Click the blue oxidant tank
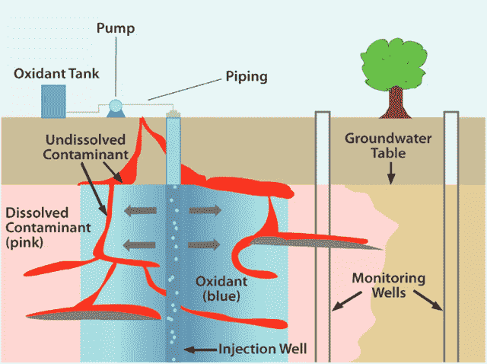[53, 101]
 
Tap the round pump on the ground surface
[116, 107]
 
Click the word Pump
[116, 29]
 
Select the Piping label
[247, 77]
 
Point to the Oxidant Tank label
[56, 74]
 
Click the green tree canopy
[393, 64]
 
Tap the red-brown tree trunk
[396, 103]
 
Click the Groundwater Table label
[388, 145]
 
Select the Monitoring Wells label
[389, 286]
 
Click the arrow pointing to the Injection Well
[201, 350]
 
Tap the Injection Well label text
[263, 349]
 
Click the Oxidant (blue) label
[221, 289]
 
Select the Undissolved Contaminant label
[85, 147]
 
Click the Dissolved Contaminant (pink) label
[48, 228]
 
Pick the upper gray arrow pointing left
[140, 211]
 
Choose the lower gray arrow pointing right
[204, 245]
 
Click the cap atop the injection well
[173, 114]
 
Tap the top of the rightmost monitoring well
[451, 113]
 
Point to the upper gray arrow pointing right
[205, 210]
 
